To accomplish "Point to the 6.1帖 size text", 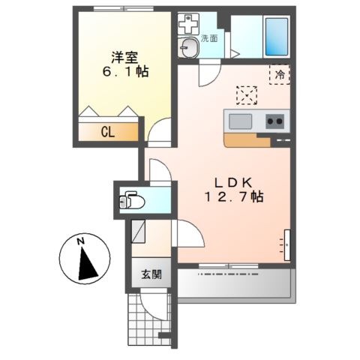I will pos(125,73).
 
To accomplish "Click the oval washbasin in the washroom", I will pos(190,47).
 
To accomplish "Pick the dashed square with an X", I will pos(246,95).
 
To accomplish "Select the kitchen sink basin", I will pos(242,121).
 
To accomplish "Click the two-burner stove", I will pos(274,121).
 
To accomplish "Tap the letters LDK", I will pos(234,181).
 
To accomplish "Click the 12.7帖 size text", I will pos(234,197).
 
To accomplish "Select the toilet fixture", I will pos(133,201).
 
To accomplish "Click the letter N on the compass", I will pos(79,241).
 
